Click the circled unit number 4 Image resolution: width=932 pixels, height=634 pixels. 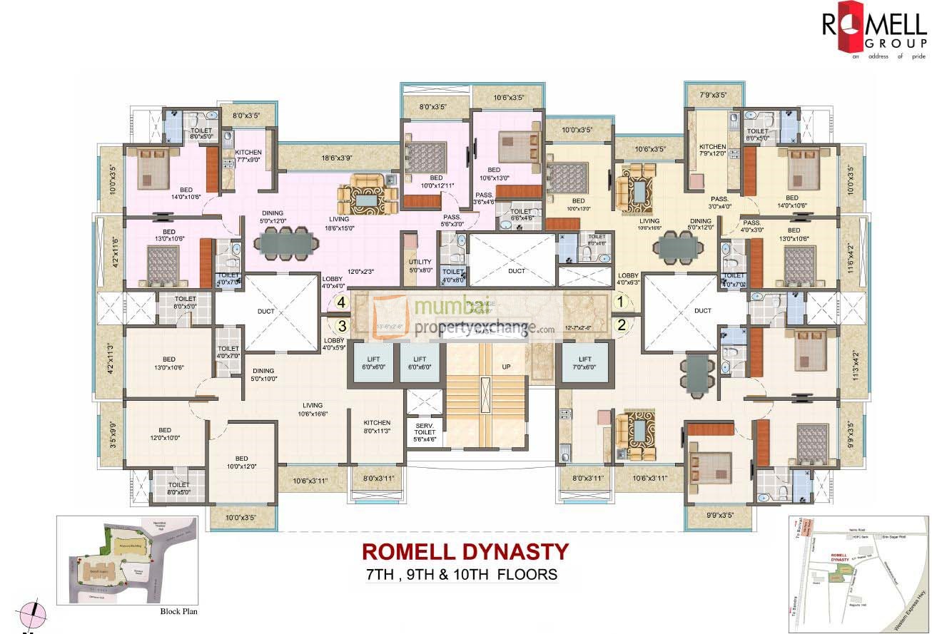pyautogui.click(x=342, y=302)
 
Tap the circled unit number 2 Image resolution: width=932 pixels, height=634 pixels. pyautogui.click(x=621, y=324)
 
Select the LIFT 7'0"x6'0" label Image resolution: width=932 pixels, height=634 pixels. pyautogui.click(x=585, y=363)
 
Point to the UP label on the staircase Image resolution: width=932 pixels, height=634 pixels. pyautogui.click(x=507, y=367)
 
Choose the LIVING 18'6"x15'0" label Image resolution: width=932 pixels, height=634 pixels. pyautogui.click(x=343, y=224)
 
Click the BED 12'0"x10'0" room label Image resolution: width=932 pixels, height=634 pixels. pyautogui.click(x=165, y=434)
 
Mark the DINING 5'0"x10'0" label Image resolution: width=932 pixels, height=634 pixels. pyautogui.click(x=263, y=375)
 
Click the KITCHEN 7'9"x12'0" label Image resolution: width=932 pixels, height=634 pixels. pyautogui.click(x=712, y=151)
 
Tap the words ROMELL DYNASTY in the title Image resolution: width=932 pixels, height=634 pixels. pyautogui.click(x=465, y=551)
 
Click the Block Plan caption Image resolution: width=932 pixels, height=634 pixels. pyautogui.click(x=178, y=611)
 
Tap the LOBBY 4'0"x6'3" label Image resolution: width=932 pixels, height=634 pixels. pyautogui.click(x=628, y=279)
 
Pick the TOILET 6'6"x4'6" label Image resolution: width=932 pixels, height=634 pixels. pyautogui.click(x=521, y=215)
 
